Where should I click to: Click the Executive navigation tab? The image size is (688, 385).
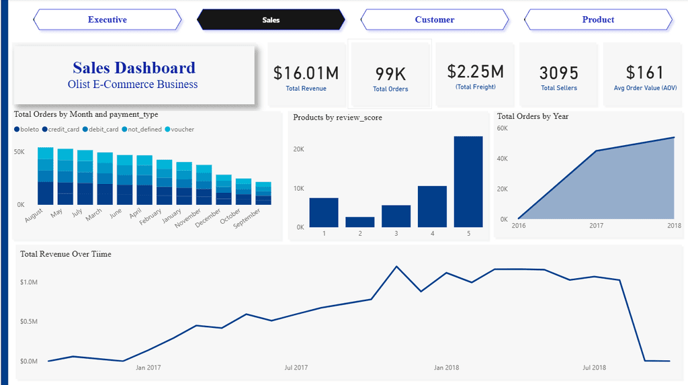[x=107, y=19]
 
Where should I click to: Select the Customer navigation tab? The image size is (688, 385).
[x=435, y=19]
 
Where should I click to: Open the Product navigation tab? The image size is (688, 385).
[x=598, y=19]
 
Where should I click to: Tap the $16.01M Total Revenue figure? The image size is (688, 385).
[x=306, y=73]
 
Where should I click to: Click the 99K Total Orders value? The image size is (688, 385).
[x=390, y=74]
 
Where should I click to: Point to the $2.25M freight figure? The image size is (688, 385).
[x=476, y=71]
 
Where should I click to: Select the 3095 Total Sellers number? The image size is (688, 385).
[x=559, y=73]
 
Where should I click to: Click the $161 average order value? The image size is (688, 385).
[x=644, y=73]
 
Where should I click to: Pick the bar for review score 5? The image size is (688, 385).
[x=468, y=181]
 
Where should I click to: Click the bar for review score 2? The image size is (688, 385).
[x=360, y=222]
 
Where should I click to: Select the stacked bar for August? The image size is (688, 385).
[x=46, y=176]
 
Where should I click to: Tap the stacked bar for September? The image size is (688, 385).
[x=263, y=193]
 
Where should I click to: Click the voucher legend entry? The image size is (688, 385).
[x=179, y=130]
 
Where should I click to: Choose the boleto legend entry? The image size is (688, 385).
[x=27, y=130]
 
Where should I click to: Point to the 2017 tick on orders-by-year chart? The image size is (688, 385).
[x=596, y=226]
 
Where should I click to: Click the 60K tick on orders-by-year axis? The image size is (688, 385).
[x=503, y=128]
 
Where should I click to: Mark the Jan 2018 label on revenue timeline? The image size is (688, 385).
[x=446, y=368]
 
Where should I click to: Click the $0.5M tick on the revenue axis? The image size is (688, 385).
[x=29, y=321]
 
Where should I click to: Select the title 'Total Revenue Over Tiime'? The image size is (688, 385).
[x=66, y=254]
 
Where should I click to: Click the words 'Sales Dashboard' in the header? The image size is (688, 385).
[x=134, y=68]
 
